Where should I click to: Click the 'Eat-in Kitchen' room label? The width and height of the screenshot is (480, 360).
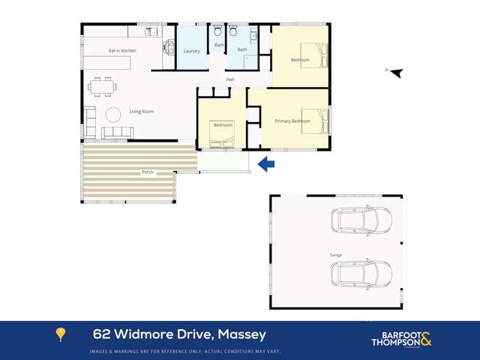[x=122, y=50]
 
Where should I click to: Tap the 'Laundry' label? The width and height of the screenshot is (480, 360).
[x=191, y=51]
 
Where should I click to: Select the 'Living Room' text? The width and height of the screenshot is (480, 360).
[x=141, y=112]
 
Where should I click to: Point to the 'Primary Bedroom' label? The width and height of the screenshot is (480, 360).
[x=292, y=121]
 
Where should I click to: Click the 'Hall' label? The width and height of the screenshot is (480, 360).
[x=230, y=79]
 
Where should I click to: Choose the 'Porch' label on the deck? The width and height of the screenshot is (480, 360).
[x=148, y=172]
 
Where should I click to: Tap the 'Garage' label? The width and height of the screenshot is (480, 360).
[x=336, y=255]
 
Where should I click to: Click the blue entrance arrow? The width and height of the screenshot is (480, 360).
[x=266, y=164]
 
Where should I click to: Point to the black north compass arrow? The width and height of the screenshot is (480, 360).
[x=395, y=73]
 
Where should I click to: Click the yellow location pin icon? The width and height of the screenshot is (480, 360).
[x=61, y=334]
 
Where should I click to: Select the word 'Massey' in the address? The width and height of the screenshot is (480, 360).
[x=241, y=334]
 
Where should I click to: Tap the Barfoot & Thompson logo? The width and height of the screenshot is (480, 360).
[x=401, y=339]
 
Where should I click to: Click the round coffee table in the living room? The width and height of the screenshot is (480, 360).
[x=114, y=115]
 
